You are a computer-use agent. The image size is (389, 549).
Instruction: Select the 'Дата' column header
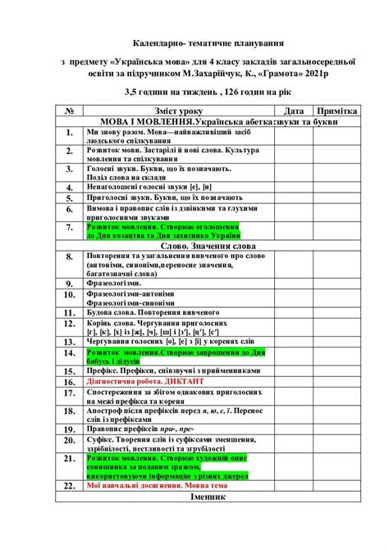pyautogui.click(x=294, y=110)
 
